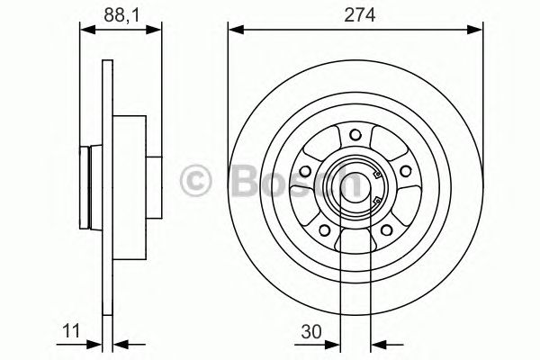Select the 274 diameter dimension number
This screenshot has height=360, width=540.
[353, 14]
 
